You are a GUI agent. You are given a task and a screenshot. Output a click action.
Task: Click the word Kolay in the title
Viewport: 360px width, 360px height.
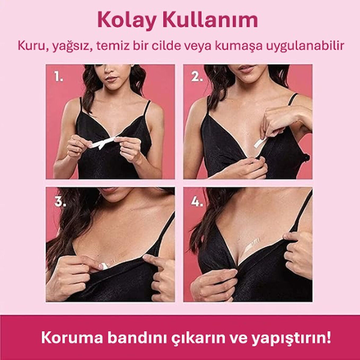[x=128, y=20]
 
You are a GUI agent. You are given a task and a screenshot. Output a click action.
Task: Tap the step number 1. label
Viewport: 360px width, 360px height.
[x=59, y=77]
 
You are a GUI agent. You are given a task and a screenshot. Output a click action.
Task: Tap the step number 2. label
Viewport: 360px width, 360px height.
[x=197, y=77]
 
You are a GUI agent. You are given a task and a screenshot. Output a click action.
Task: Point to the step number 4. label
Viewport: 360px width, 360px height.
[x=197, y=202]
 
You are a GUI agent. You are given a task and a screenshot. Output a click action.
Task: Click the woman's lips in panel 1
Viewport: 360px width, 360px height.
[x=112, y=79]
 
